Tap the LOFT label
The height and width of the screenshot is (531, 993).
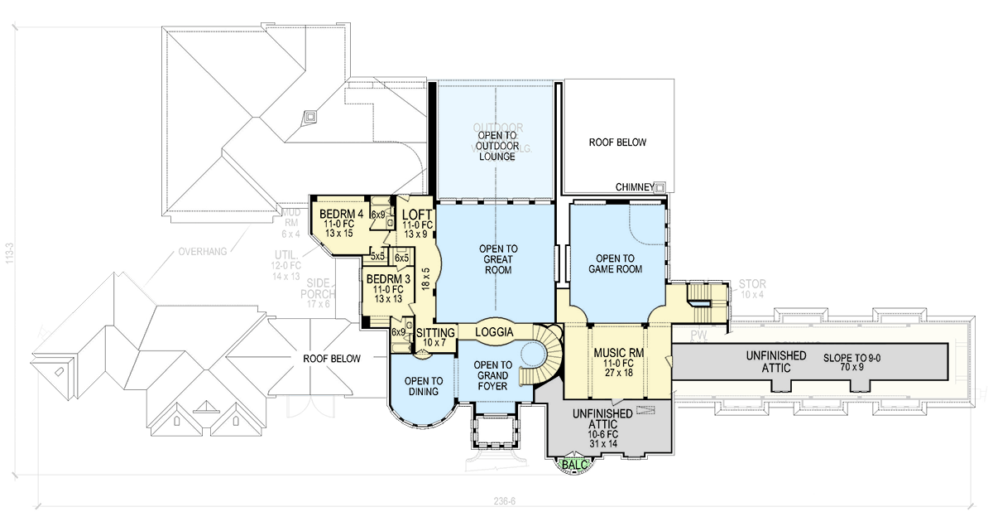click(417, 214)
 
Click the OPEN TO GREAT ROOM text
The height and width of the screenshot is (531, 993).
click(498, 259)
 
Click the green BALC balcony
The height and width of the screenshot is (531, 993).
click(573, 465)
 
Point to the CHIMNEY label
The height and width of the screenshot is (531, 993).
click(635, 187)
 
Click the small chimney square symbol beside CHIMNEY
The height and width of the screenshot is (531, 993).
click(660, 187)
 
